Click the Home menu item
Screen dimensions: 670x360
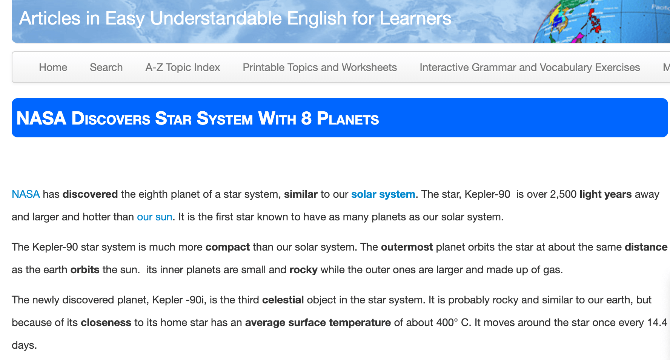pos(53,67)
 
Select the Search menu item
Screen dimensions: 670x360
pos(106,67)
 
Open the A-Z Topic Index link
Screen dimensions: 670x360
pos(183,67)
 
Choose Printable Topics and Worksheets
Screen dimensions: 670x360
pos(320,67)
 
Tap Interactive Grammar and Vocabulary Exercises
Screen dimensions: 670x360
pos(530,67)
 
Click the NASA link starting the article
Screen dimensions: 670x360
pos(26,194)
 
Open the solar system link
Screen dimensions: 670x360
pos(383,194)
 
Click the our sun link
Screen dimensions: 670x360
pos(155,217)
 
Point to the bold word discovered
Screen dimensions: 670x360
pos(90,194)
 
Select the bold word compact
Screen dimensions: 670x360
pos(227,248)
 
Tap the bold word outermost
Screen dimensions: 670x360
pos(407,247)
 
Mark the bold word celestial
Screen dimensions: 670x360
pos(283,300)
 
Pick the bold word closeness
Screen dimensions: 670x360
pos(106,323)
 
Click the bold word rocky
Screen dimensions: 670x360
pos(303,270)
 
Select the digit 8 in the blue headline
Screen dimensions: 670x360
pos(306,118)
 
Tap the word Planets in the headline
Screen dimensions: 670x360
pos(348,118)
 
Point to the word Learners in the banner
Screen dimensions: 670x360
pos(415,18)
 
